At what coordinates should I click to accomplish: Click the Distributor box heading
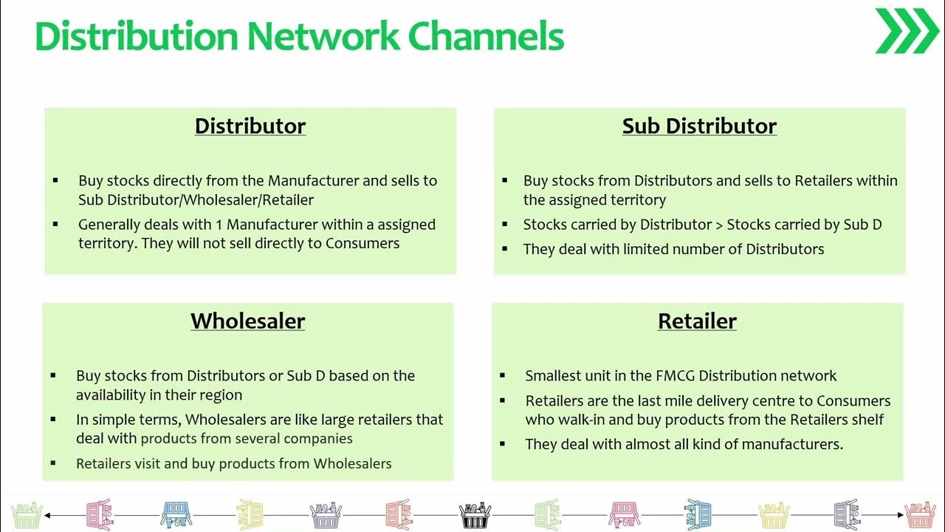[x=250, y=126]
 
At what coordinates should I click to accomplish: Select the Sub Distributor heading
[x=699, y=126]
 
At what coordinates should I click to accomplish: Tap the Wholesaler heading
[x=247, y=321]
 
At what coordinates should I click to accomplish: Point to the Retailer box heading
[x=697, y=321]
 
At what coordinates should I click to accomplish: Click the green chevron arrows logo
[x=907, y=31]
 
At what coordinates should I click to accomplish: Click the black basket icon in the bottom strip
[x=475, y=514]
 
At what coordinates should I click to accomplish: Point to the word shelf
[x=866, y=420]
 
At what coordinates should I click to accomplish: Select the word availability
[x=113, y=395]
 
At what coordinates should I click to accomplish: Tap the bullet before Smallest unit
[x=503, y=375]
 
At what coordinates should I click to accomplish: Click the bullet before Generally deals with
[x=56, y=224]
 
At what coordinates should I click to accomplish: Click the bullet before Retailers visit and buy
[x=54, y=463]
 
